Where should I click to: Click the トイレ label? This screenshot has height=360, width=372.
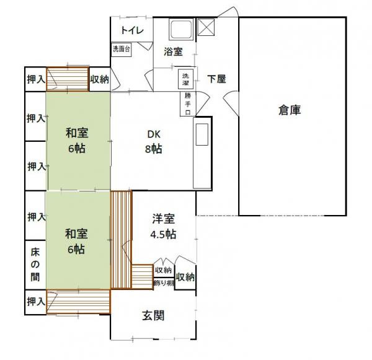(x=132, y=30)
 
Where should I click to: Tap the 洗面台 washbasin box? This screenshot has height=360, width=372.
(x=122, y=50)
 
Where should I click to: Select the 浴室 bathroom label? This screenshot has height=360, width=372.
(x=173, y=52)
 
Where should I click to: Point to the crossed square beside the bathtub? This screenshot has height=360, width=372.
(x=205, y=27)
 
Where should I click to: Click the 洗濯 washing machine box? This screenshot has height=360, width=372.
(x=186, y=79)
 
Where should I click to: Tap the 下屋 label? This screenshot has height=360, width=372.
(x=216, y=79)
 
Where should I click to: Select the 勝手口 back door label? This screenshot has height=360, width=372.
(x=187, y=103)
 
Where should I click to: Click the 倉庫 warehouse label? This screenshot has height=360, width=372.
(x=290, y=111)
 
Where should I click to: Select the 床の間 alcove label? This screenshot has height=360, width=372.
(x=35, y=265)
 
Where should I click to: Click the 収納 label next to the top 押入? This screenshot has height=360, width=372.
(x=99, y=79)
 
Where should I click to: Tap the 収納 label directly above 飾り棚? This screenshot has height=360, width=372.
(x=164, y=271)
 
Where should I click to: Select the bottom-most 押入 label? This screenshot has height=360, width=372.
(x=35, y=301)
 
